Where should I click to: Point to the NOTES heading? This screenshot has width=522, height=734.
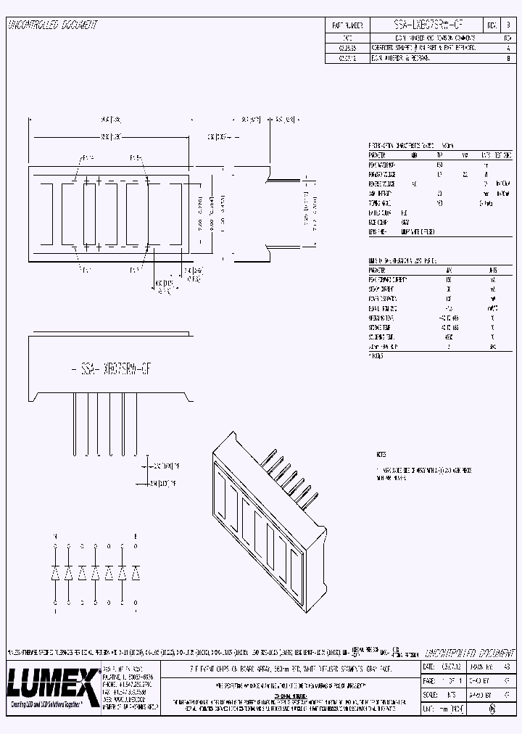(x=381, y=455)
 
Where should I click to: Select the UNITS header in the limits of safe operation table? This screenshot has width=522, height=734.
(x=492, y=269)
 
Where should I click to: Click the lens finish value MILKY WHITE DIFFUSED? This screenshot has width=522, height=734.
(x=418, y=231)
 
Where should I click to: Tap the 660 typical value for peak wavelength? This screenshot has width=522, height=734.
(x=439, y=165)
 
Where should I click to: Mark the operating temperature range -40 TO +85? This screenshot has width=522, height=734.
(x=449, y=317)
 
